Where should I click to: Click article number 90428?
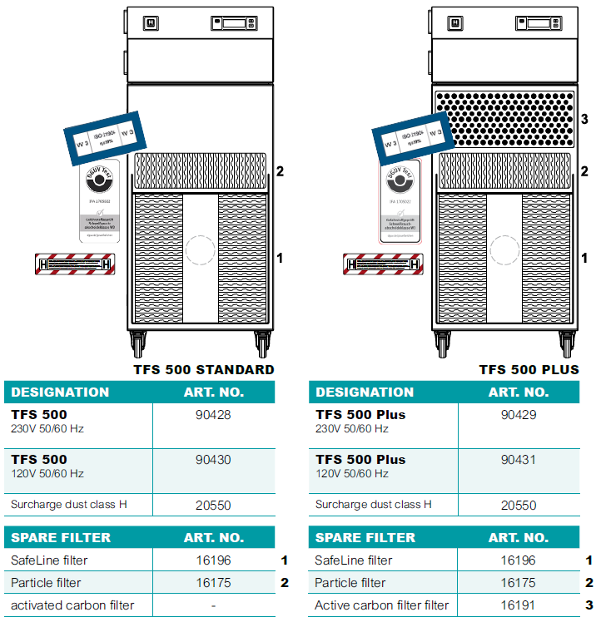213,414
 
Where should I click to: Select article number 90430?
213,459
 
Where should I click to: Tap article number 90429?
518,414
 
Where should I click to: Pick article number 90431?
518,459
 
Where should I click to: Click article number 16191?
518,605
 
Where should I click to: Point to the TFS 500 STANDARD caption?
203,369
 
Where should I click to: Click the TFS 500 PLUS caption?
529,369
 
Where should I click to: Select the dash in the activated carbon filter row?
213,605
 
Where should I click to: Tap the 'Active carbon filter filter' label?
381,605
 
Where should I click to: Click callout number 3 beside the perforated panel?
584,119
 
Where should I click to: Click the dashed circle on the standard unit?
200,249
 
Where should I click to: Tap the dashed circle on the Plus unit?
504,249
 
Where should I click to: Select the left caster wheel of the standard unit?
136,343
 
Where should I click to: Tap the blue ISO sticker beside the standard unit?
104,136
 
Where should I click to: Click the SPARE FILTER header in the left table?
61,537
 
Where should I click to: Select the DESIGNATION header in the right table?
365,392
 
